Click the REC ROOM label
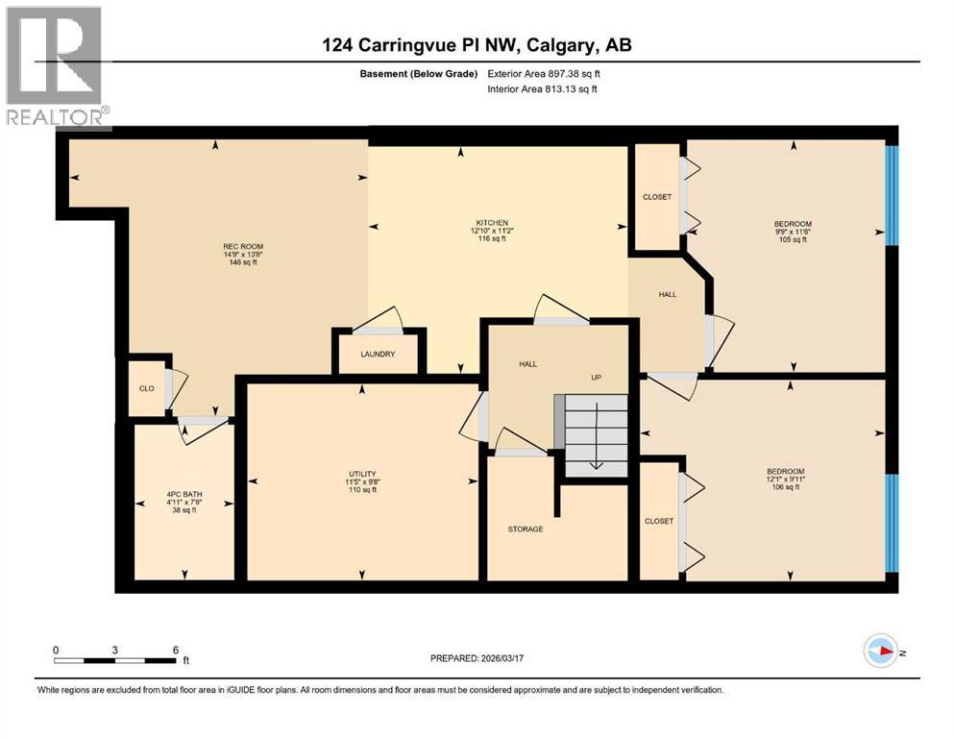tap(243, 247)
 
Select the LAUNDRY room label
tap(379, 355)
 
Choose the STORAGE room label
tap(526, 529)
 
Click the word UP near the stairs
tap(596, 378)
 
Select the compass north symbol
tap(881, 652)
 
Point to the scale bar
tap(116, 659)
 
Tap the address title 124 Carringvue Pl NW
tap(477, 45)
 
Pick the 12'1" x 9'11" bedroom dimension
tap(785, 480)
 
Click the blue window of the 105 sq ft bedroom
tap(892, 195)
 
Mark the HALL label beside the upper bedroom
tap(668, 294)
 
